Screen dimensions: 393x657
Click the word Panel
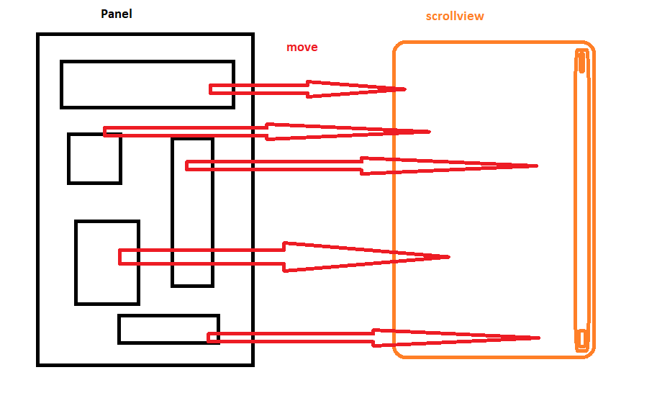(116, 13)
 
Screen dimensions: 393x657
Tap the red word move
(302, 48)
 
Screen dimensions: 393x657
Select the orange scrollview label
(455, 16)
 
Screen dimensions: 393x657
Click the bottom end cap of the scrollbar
(580, 340)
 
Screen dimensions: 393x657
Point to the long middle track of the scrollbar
(581, 202)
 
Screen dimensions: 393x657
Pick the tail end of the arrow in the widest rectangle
(212, 89)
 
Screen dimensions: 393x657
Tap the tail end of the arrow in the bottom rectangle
(211, 338)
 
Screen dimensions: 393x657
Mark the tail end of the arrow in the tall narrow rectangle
(189, 166)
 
